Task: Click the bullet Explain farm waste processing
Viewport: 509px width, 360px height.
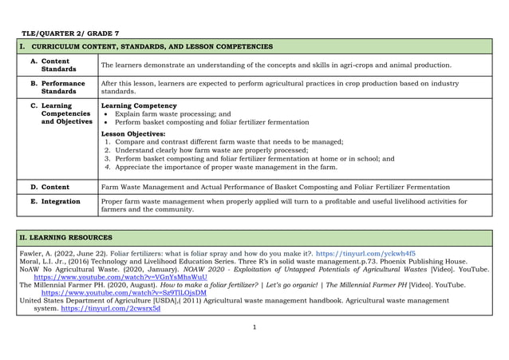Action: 172,114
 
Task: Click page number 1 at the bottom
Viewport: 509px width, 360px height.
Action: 254,327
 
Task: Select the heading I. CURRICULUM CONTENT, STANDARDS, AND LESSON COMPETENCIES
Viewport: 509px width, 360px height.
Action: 146,47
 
